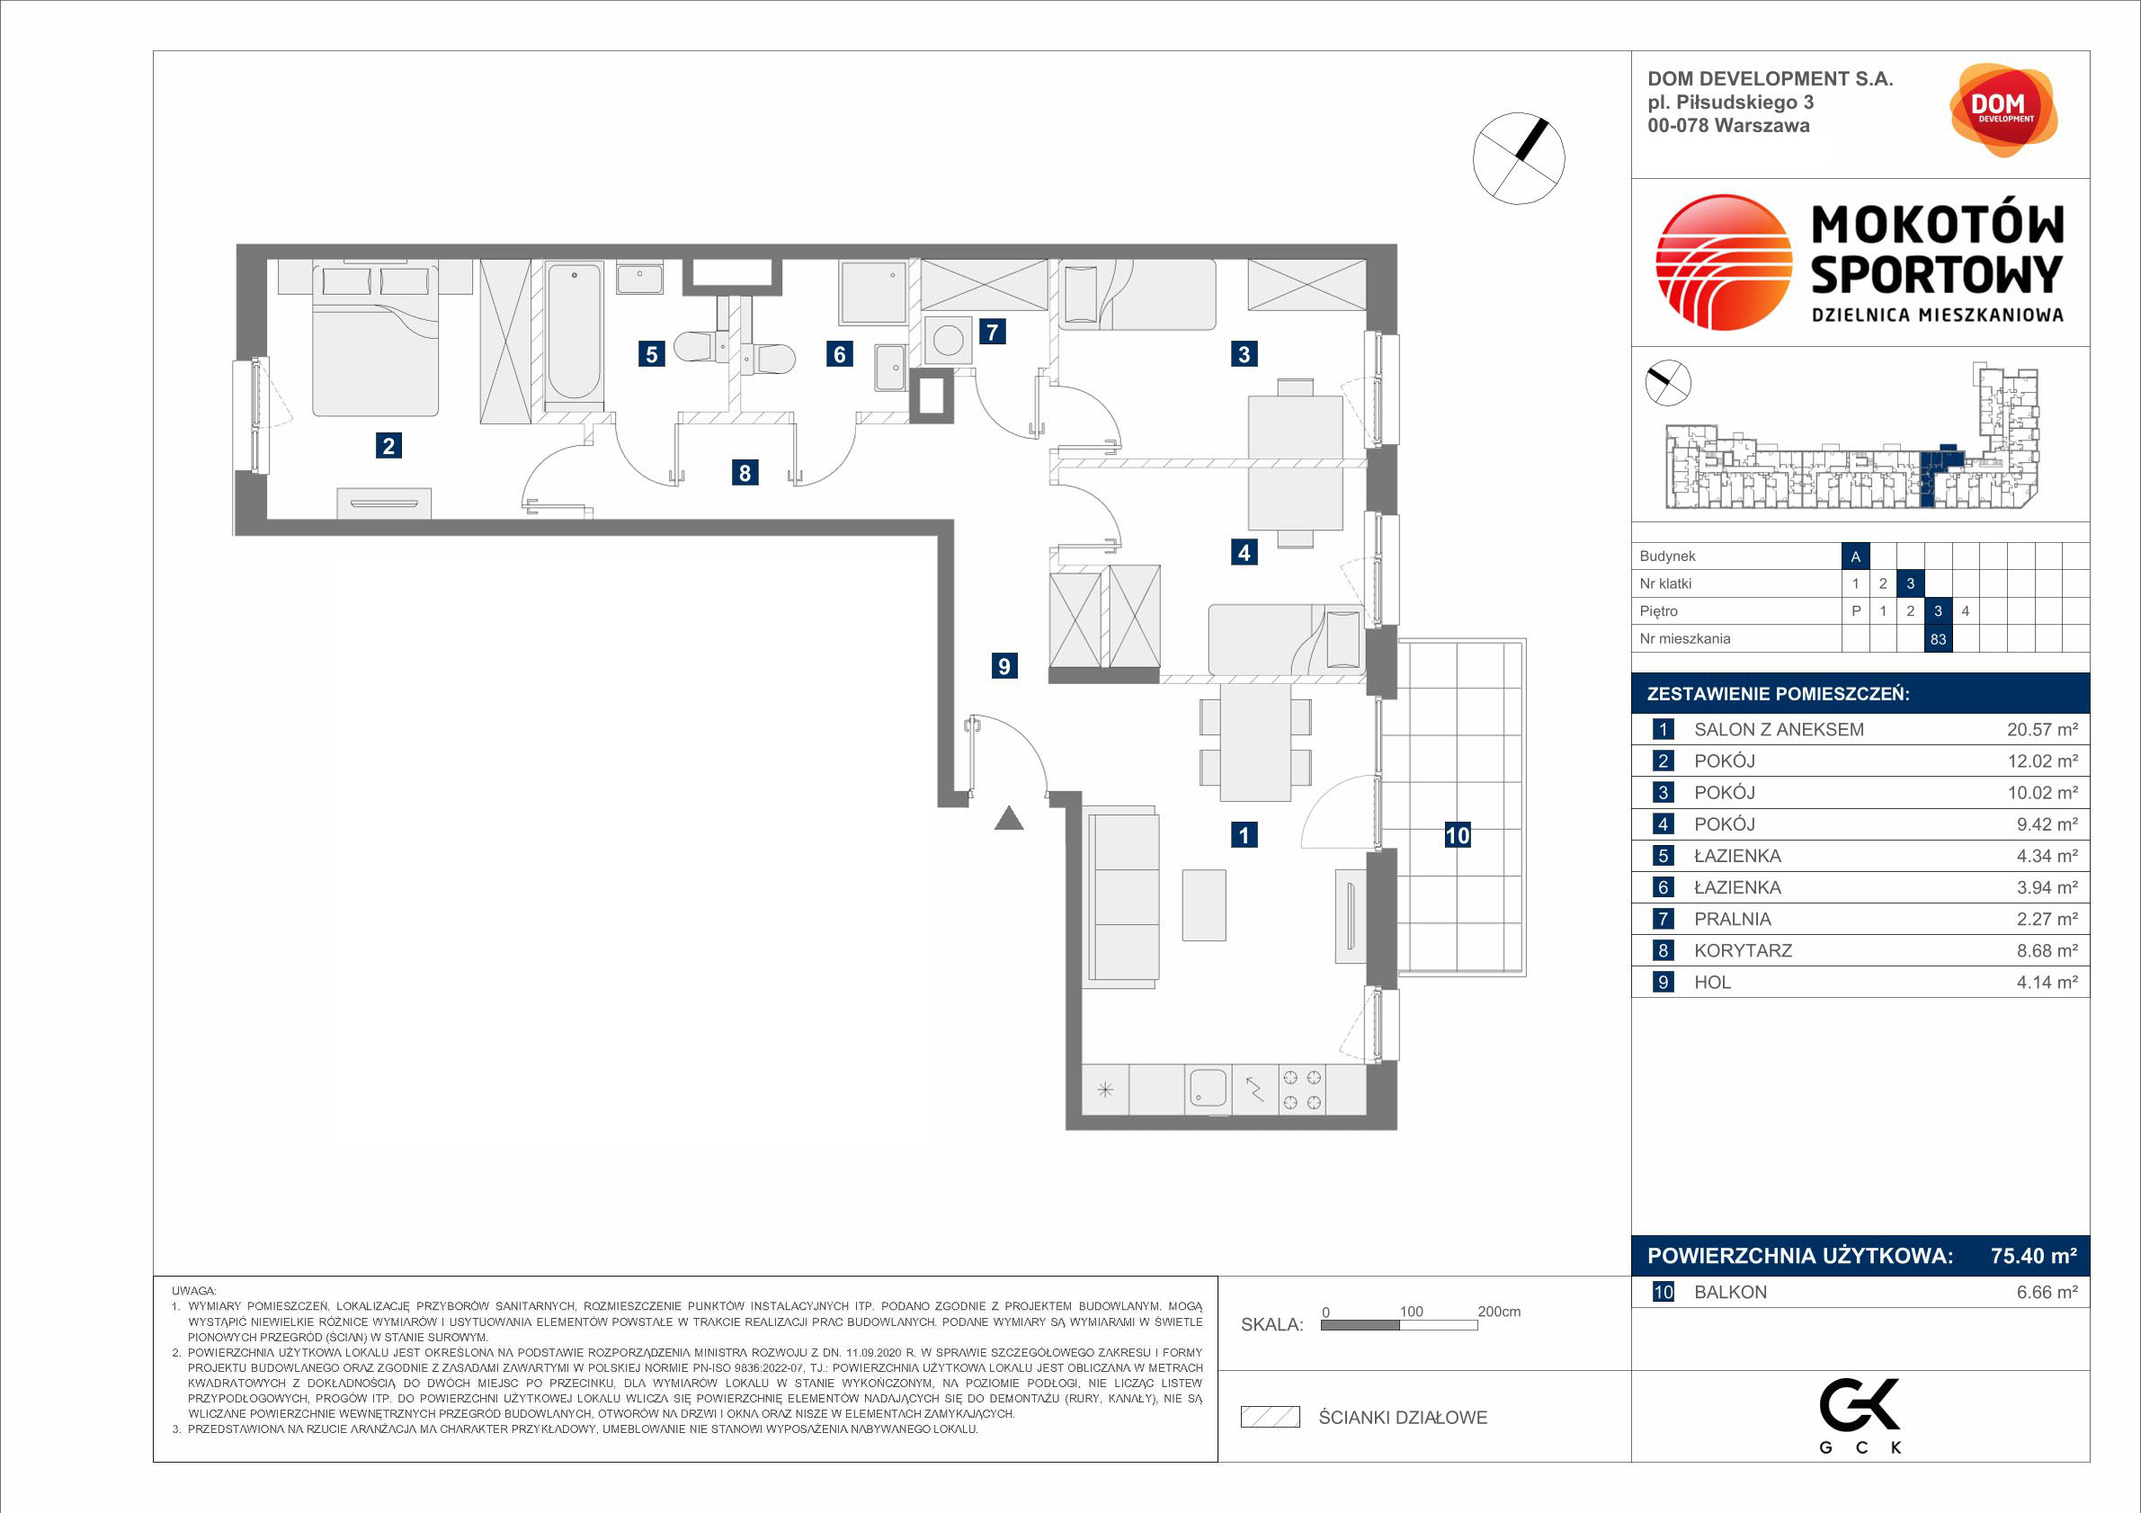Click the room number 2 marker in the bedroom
(x=388, y=446)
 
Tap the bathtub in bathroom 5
(x=573, y=333)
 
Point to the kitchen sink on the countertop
(x=1208, y=1088)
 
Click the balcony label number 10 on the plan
(x=1458, y=835)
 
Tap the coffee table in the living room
(x=1204, y=904)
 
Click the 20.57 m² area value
(x=2042, y=730)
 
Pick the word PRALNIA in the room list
(x=1733, y=919)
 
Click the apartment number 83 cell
(x=1938, y=638)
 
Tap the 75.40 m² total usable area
(x=2034, y=1256)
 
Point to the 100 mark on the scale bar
(x=1411, y=1312)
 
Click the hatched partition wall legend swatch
(x=1270, y=1417)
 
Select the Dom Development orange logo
(x=2003, y=109)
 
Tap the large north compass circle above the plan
(x=1518, y=158)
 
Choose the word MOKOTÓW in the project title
(x=1938, y=225)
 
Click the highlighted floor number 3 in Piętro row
(x=1938, y=610)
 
